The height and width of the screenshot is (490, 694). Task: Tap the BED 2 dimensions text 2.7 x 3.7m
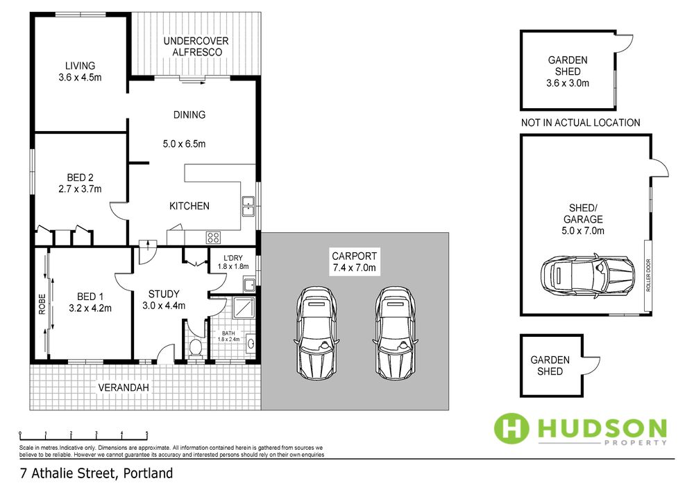point(80,189)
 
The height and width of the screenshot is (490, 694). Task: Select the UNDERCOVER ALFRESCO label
point(196,46)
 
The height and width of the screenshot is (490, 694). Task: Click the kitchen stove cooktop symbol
point(213,237)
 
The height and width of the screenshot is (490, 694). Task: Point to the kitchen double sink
point(248,206)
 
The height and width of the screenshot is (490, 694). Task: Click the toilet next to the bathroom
point(195,348)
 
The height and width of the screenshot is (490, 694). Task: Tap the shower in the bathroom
point(244,307)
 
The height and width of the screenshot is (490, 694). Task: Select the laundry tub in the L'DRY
point(248,285)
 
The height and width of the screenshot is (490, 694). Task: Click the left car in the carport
point(316,333)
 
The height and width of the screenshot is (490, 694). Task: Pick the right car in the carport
point(396,333)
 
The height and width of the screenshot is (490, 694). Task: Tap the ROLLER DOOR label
point(648,275)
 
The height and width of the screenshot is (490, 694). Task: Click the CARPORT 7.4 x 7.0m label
point(354,261)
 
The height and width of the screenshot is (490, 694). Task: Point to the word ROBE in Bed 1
point(42,304)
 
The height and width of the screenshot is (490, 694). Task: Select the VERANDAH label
point(124,387)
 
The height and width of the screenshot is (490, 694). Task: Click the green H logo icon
point(511,428)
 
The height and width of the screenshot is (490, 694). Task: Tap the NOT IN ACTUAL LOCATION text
point(580,123)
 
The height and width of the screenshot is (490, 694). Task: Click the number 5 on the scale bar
point(147,433)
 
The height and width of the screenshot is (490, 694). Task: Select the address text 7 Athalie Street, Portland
point(96,473)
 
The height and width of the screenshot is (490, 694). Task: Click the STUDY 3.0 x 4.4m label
point(164,299)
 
